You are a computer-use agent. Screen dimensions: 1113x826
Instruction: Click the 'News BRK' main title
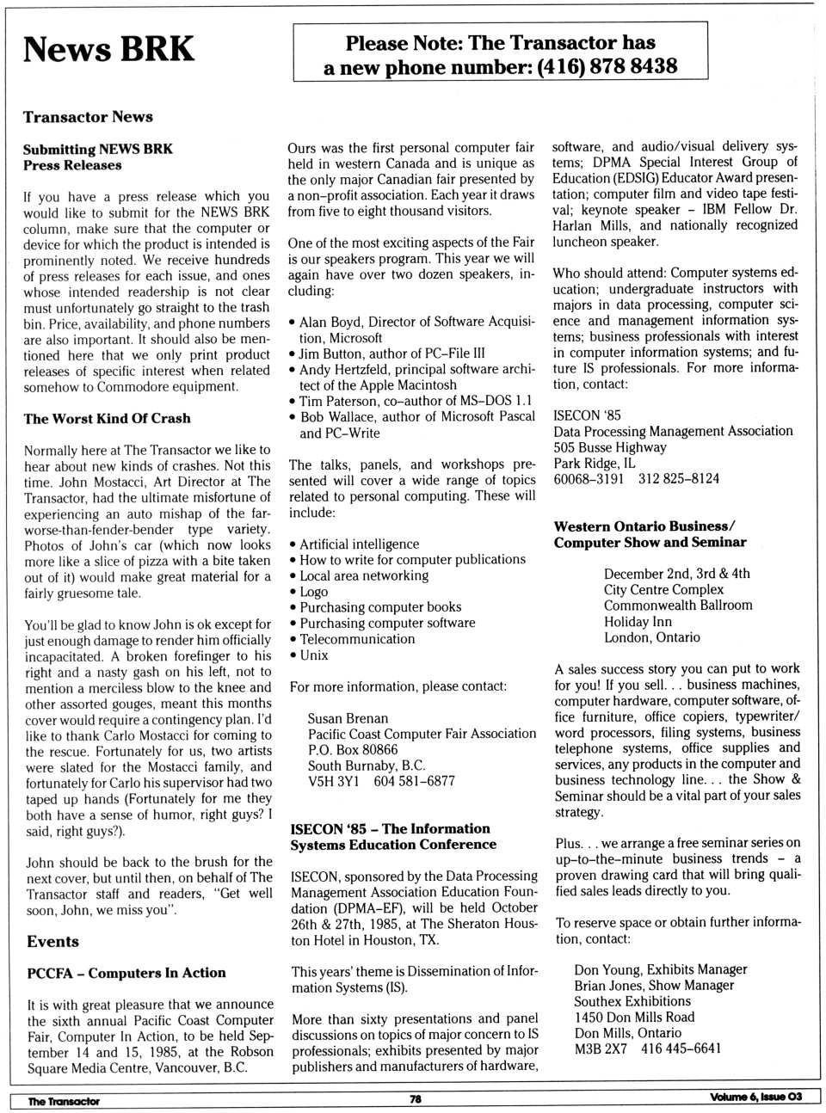coord(108,49)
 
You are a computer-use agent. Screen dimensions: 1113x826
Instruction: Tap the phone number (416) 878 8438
coord(607,66)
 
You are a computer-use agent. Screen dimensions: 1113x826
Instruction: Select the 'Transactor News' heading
coord(88,117)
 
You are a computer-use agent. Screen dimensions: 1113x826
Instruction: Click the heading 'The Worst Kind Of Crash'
coord(107,419)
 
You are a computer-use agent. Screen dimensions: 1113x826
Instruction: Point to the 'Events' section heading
coord(52,942)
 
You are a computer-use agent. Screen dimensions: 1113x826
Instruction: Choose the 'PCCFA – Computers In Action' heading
coord(126,973)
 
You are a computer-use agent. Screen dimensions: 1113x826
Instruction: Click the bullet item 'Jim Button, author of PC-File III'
coord(391,353)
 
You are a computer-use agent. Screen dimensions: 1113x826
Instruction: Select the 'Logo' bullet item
coord(313,592)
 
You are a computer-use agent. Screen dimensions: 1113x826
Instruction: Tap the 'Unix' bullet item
coord(313,655)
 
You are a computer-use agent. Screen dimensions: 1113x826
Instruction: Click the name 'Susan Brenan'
coord(348,718)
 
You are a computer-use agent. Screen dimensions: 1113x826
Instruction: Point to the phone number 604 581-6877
coord(414,781)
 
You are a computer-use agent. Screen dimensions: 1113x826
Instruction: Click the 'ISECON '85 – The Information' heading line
coord(390,829)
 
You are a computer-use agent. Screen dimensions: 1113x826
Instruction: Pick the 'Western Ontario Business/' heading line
coord(644,526)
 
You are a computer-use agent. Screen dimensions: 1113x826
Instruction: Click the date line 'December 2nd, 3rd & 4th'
coord(676,574)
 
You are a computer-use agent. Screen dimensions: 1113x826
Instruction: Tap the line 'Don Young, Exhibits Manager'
coord(660,969)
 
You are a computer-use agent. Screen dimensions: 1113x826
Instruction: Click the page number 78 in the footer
coord(415,1098)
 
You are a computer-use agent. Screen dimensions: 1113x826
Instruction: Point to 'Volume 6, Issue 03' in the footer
coord(755,1097)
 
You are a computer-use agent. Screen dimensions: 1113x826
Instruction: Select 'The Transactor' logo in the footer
coord(64,1101)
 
